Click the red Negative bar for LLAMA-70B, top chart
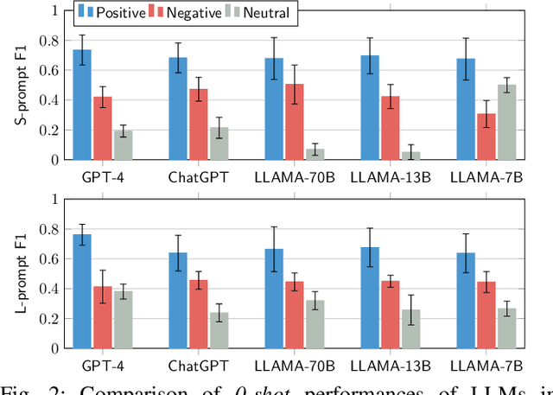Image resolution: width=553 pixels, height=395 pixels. [x=296, y=121]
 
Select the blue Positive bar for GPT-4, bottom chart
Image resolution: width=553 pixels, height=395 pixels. [x=82, y=290]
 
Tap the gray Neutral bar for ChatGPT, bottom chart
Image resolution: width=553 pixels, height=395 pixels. [x=219, y=329]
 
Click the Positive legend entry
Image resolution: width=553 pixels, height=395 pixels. [x=115, y=12]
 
